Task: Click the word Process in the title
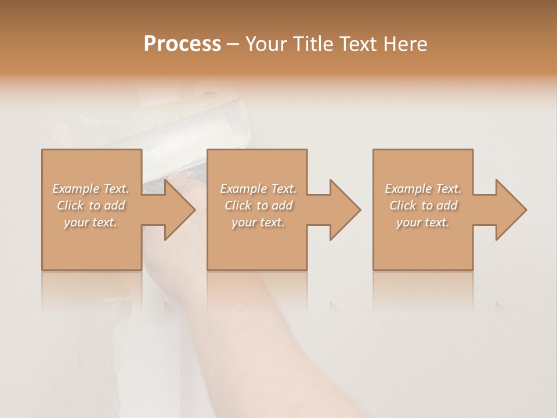pos(182,44)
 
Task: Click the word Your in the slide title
pos(267,44)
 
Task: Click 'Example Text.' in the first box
pos(91,189)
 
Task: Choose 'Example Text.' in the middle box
pos(258,189)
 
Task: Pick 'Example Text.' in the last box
pos(423,189)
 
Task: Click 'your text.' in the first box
pos(91,222)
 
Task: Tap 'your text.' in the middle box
pos(258,222)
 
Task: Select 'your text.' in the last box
pos(423,222)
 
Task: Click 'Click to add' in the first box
pos(91,206)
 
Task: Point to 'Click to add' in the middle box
pos(258,206)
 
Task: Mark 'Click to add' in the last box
pos(423,206)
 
